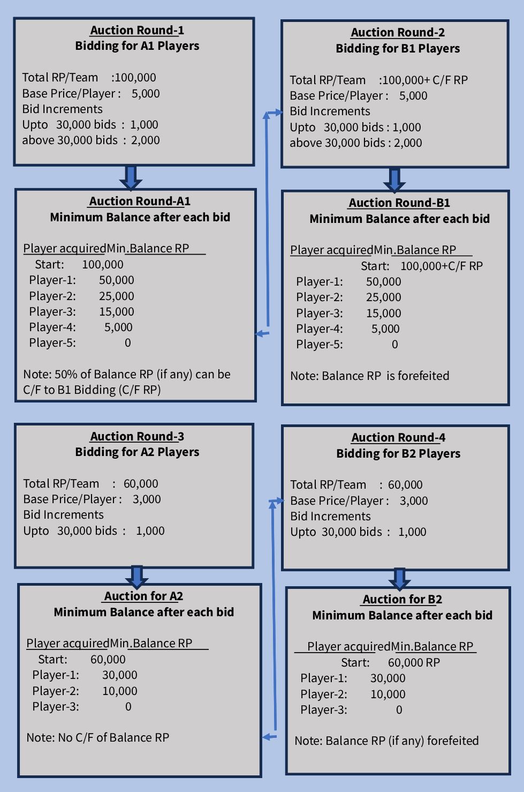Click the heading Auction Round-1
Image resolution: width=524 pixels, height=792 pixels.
[136, 31]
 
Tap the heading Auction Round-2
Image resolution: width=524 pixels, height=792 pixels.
[398, 33]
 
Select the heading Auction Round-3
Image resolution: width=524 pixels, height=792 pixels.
[136, 437]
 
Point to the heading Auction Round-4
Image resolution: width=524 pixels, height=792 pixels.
[398, 438]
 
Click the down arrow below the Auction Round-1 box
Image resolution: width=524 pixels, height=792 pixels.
[131, 177]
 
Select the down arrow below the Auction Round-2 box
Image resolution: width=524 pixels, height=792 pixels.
[394, 180]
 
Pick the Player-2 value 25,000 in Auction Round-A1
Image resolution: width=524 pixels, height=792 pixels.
[116, 296]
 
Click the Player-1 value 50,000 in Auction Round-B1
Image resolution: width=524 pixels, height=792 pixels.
[383, 282]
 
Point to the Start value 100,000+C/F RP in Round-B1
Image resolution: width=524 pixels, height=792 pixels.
[441, 266]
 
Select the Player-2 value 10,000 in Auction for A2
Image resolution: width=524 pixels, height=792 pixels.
[119, 691]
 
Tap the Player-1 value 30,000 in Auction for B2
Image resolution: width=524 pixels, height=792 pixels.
[388, 678]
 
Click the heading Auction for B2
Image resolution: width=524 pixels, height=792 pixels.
[402, 600]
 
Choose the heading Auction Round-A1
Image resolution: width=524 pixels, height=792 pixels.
[140, 201]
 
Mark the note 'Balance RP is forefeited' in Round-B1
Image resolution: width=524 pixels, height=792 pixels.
[369, 376]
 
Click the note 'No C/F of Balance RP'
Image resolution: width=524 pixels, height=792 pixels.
[97, 738]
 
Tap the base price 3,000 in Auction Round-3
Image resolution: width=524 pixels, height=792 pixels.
[147, 499]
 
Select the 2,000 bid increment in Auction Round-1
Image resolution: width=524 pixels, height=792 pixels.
[145, 140]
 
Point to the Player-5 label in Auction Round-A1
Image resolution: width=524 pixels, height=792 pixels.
[52, 343]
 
